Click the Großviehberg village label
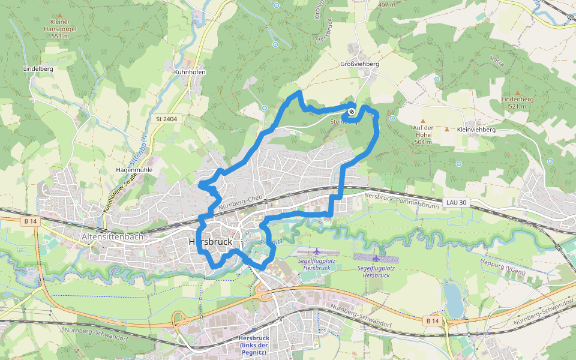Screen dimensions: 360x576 coord(360,64)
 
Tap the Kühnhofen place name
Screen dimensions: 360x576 coord(190,72)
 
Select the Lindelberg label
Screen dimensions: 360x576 coord(38,69)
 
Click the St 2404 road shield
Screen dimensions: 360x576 coord(166,119)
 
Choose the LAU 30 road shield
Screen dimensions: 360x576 coord(457,202)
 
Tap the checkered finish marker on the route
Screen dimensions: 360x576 coord(351,111)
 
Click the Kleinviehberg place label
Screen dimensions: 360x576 coord(476,130)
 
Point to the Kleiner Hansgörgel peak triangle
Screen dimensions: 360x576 coord(61,15)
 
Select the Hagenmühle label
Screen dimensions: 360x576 coord(134,170)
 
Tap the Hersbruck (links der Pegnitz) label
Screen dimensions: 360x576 coord(253,341)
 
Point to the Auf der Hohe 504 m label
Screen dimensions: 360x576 coord(423,134)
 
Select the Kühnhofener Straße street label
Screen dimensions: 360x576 coord(118,198)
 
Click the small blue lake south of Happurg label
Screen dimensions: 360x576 coord(454,300)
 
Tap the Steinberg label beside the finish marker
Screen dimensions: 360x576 coord(342,122)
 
